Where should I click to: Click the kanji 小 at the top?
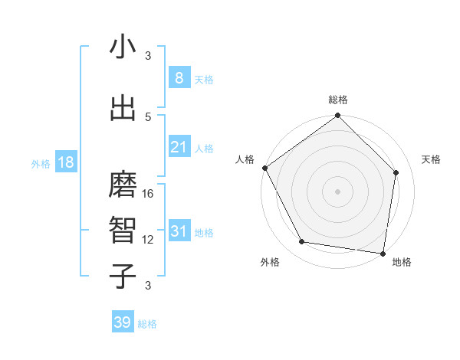[123, 47]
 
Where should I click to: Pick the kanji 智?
[123, 231]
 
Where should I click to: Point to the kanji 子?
[123, 276]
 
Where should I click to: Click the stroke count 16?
[149, 194]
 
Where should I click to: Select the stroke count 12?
[149, 239]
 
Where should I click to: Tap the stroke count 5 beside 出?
[148, 116]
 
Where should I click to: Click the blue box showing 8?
[179, 77]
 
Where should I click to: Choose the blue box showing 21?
[179, 147]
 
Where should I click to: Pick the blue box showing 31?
[179, 231]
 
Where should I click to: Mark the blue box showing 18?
[65, 162]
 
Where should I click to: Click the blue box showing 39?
[122, 322]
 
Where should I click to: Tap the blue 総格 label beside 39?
[147, 324]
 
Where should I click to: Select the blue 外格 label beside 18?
[40, 164]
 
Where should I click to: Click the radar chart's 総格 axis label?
[337, 100]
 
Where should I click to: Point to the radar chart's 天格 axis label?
[431, 159]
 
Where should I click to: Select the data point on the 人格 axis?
[264, 168]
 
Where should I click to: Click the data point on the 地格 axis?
[383, 253]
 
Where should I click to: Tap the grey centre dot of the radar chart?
[337, 191]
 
